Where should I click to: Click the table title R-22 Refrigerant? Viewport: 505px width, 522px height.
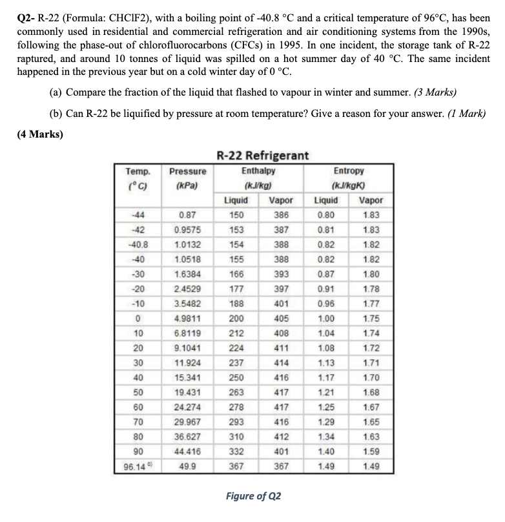click(262, 156)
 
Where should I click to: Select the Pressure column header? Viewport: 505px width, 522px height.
click(187, 171)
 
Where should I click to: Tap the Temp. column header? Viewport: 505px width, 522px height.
click(138, 171)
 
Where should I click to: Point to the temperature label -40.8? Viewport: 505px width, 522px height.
click(138, 244)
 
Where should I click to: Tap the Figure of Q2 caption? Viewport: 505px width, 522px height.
click(253, 496)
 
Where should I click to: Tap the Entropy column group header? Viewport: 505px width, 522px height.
click(349, 171)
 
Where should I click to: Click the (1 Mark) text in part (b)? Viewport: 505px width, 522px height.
click(464, 113)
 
